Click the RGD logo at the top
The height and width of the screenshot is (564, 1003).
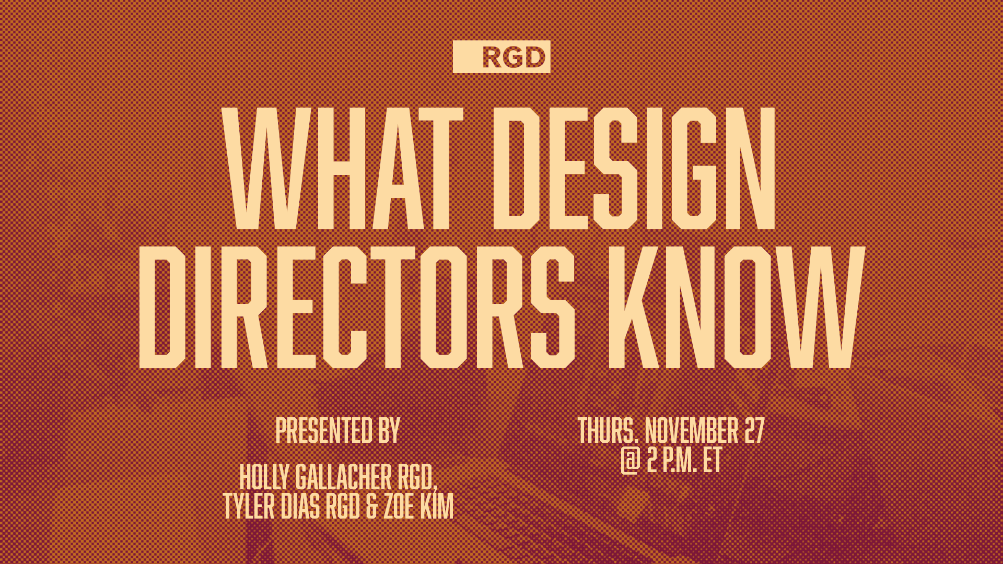point(501,56)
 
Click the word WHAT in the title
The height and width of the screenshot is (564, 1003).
point(342,168)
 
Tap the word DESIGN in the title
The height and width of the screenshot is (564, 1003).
point(634,168)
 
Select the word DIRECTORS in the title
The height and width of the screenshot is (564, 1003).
point(357,307)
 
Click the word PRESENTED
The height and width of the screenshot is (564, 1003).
point(324,430)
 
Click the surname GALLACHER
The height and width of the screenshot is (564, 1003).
point(343,477)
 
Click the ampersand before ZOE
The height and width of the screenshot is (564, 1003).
point(371,507)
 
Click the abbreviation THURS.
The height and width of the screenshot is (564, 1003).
point(608,430)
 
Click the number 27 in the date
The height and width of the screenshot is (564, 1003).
point(754,430)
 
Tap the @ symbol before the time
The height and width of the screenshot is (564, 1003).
point(631,461)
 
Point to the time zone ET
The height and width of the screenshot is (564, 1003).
point(712,461)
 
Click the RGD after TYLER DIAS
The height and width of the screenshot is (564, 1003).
point(343,507)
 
